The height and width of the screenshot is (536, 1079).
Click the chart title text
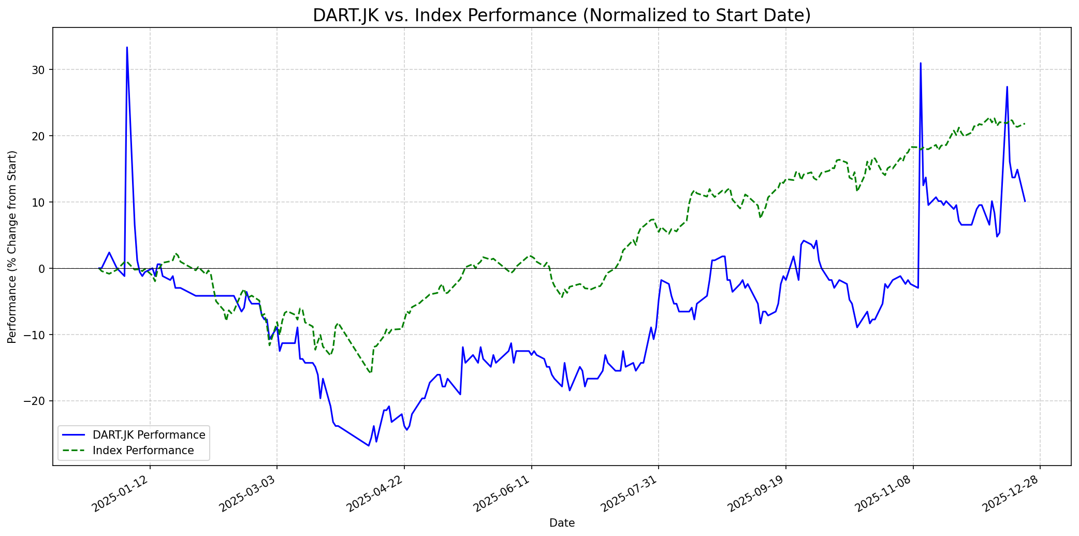(562, 16)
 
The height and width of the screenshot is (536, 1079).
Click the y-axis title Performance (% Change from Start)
(12, 247)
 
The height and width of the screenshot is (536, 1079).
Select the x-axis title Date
(562, 524)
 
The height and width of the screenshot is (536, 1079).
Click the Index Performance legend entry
(143, 451)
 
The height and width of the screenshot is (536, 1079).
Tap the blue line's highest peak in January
(127, 48)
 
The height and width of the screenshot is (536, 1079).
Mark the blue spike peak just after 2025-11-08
(921, 64)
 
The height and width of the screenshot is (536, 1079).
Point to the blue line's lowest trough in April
(369, 445)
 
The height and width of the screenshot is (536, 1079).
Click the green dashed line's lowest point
(370, 373)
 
